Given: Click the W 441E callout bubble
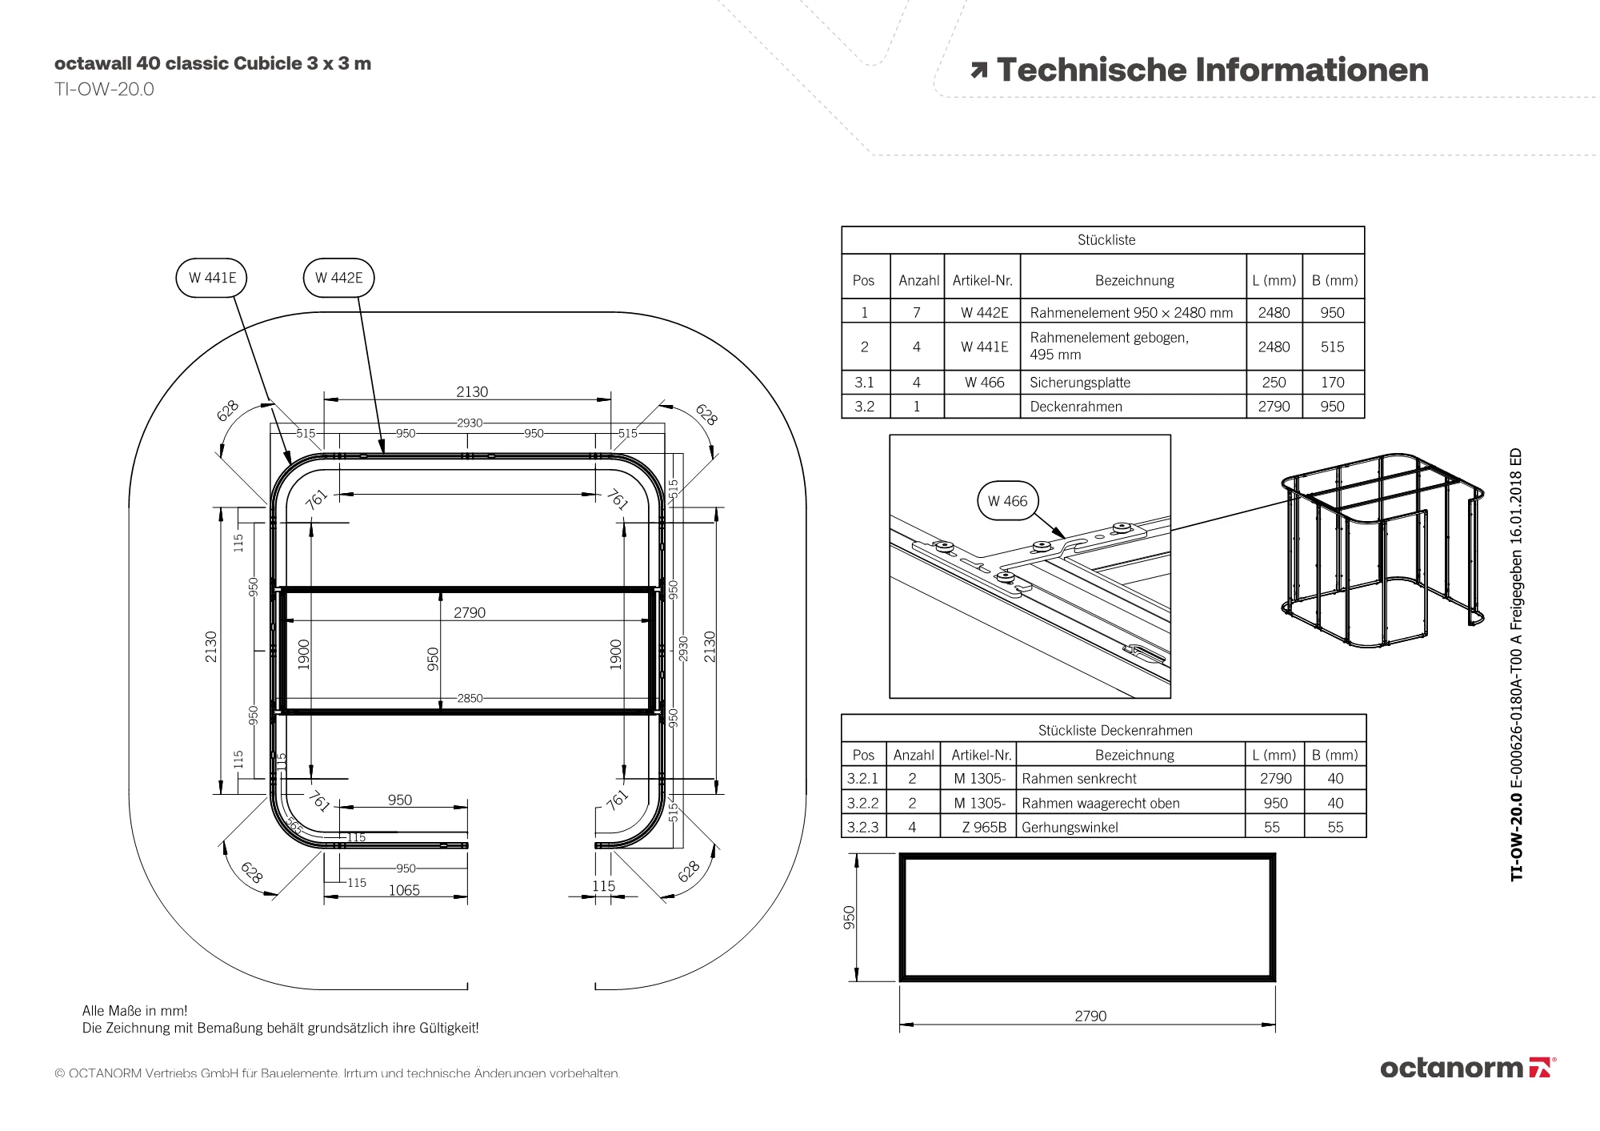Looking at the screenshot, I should [212, 278].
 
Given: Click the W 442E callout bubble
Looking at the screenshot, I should [338, 278].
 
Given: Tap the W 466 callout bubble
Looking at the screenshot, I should [1007, 501].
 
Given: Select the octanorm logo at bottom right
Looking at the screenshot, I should [1467, 1068].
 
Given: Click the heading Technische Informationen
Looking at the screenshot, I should [1211, 70].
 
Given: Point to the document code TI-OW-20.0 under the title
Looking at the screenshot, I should [104, 90].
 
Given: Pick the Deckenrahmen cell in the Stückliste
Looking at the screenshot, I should [1075, 407].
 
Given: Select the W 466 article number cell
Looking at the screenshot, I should [983, 383].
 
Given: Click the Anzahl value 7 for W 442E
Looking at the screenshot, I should [917, 313].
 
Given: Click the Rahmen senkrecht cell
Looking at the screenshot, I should [1078, 779].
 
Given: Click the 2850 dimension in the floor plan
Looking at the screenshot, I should [470, 698].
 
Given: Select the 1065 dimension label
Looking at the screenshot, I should [404, 890].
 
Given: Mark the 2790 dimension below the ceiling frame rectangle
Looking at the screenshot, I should [1090, 1016].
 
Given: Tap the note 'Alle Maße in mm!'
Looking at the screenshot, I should [134, 1011].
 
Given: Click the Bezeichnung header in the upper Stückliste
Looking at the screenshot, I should [1134, 281].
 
